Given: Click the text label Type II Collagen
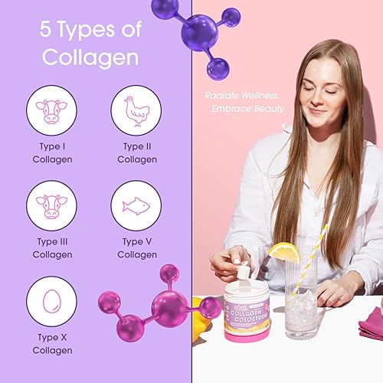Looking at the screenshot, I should click(x=137, y=152).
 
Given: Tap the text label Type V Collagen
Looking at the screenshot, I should click(x=137, y=247).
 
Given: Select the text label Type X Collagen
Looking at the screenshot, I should click(x=52, y=343).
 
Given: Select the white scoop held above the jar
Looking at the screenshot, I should click(x=244, y=271).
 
